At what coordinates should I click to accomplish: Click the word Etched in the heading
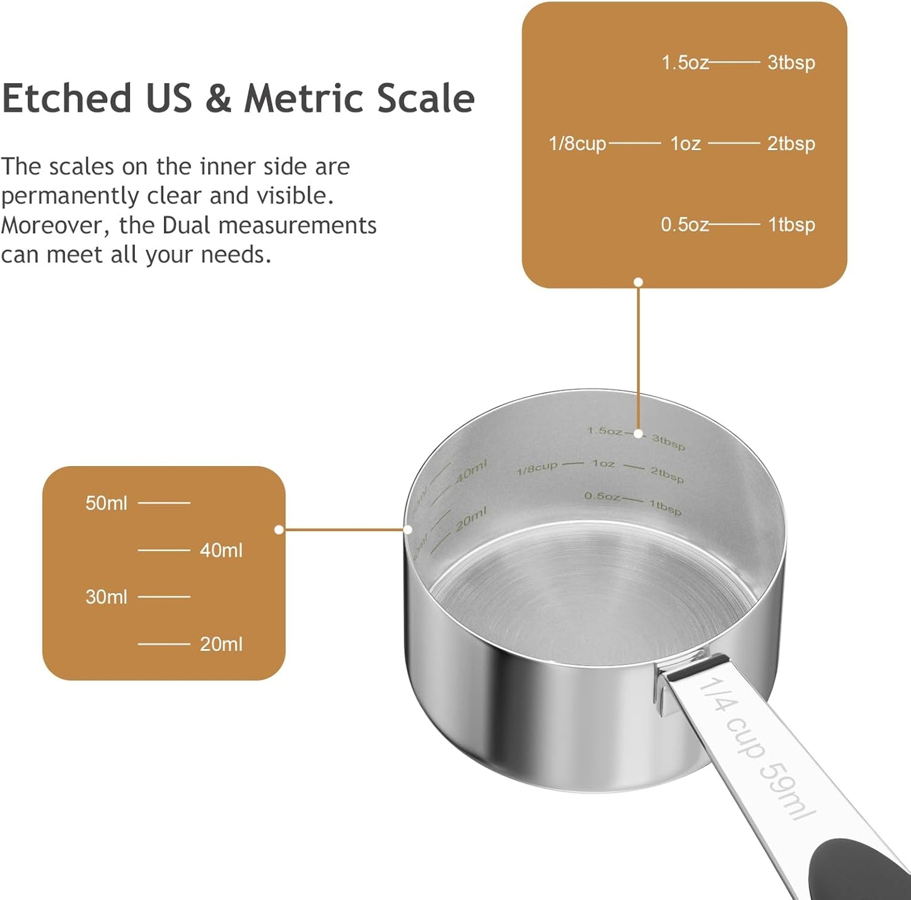(66, 99)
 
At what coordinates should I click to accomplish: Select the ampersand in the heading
(218, 99)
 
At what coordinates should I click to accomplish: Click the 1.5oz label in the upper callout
(685, 63)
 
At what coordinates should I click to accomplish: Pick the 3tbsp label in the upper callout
(791, 63)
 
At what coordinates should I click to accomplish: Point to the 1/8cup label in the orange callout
(577, 144)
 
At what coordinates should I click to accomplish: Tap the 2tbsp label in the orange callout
(791, 144)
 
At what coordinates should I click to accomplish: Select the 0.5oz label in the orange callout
(684, 225)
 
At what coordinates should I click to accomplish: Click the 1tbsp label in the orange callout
(791, 225)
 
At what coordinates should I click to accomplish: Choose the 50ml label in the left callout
(106, 503)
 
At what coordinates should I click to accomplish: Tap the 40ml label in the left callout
(221, 551)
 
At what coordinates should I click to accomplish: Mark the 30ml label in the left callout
(106, 597)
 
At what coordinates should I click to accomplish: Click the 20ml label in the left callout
(221, 644)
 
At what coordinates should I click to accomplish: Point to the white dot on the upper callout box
(639, 282)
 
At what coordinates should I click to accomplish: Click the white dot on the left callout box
(279, 530)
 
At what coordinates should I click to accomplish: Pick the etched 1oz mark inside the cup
(603, 464)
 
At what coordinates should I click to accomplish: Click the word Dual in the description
(185, 225)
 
